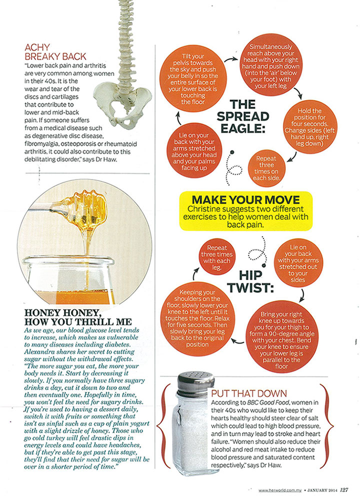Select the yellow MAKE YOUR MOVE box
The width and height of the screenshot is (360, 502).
pyautogui.click(x=246, y=210)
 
